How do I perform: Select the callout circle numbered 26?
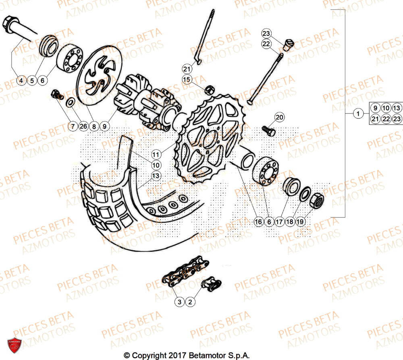[x=83, y=126]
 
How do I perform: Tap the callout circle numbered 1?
[x=357, y=114]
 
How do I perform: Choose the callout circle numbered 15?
[x=186, y=79]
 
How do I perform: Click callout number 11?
[x=156, y=154]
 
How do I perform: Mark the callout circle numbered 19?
[x=301, y=221]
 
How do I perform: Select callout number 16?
[x=258, y=221]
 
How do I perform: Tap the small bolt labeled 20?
[x=268, y=130]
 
